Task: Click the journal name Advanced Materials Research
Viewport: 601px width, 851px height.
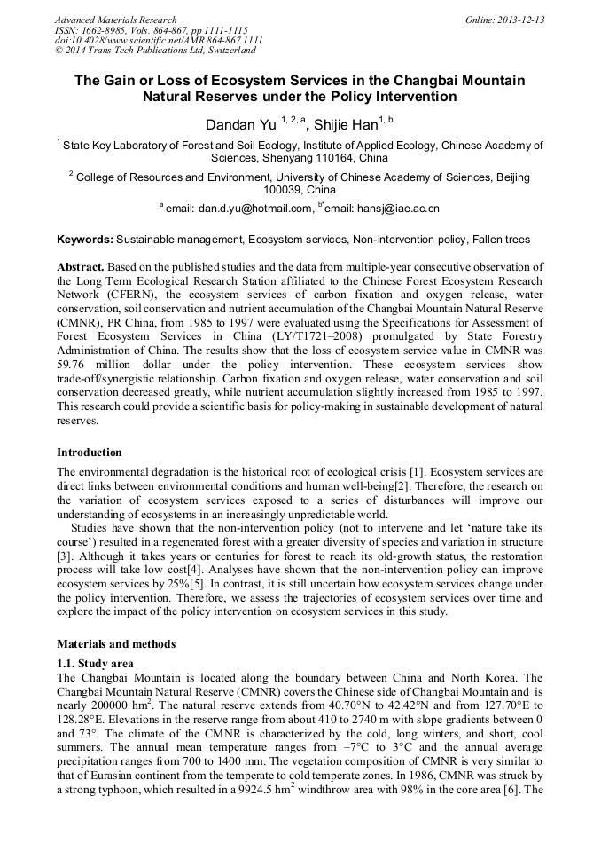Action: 115,20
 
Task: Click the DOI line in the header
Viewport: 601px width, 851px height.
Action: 159,40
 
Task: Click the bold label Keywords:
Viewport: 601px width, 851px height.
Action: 84,240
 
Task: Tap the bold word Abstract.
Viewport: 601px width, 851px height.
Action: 80,267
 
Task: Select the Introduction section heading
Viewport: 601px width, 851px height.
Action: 90,452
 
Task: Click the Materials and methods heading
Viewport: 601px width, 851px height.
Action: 116,643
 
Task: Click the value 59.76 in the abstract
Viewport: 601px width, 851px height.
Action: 72,363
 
